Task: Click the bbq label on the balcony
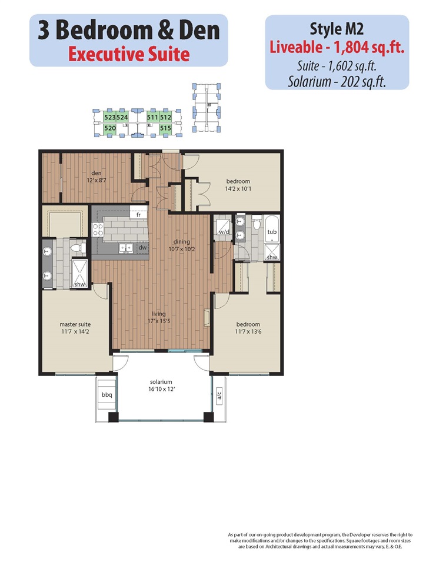(106, 395)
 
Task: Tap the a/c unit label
(219, 395)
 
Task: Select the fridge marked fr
(138, 215)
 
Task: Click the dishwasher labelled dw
(143, 248)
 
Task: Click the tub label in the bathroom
(272, 232)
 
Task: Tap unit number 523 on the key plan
(109, 117)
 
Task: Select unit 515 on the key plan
(165, 128)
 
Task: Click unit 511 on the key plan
(152, 117)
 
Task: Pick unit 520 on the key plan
(110, 128)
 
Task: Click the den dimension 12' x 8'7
(96, 180)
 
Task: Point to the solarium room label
(161, 381)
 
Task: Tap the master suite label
(75, 324)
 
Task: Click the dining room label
(182, 241)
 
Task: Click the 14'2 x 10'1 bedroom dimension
(238, 188)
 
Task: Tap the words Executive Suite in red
(129, 54)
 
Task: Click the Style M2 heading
(337, 29)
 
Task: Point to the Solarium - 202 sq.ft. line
(337, 82)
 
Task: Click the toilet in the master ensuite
(78, 248)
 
